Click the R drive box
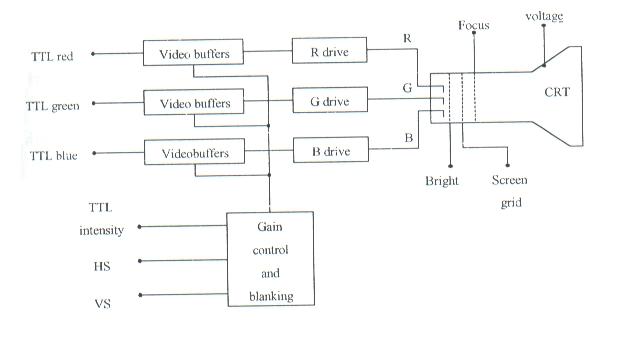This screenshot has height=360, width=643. (329, 50)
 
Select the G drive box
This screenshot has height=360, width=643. (330, 100)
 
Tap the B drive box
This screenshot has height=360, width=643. (331, 150)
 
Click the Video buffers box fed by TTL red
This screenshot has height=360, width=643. (193, 52)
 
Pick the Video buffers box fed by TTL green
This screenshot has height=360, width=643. (194, 102)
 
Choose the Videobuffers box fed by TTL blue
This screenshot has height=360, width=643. (194, 152)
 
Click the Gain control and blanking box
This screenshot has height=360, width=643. (271, 259)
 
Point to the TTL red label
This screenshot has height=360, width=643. (52, 56)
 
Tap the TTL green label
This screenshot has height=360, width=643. (52, 106)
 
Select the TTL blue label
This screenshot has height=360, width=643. (54, 156)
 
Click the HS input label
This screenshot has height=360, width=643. (102, 267)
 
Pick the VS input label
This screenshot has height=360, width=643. (103, 304)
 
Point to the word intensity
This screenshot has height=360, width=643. (101, 230)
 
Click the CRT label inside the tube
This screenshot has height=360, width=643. (557, 92)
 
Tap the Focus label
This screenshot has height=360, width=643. (474, 25)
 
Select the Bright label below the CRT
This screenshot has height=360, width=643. (442, 181)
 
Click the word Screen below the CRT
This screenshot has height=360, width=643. (510, 180)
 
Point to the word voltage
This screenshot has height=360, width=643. (544, 16)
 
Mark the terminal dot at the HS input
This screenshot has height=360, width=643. (140, 261)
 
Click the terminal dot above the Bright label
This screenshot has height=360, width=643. (450, 166)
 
